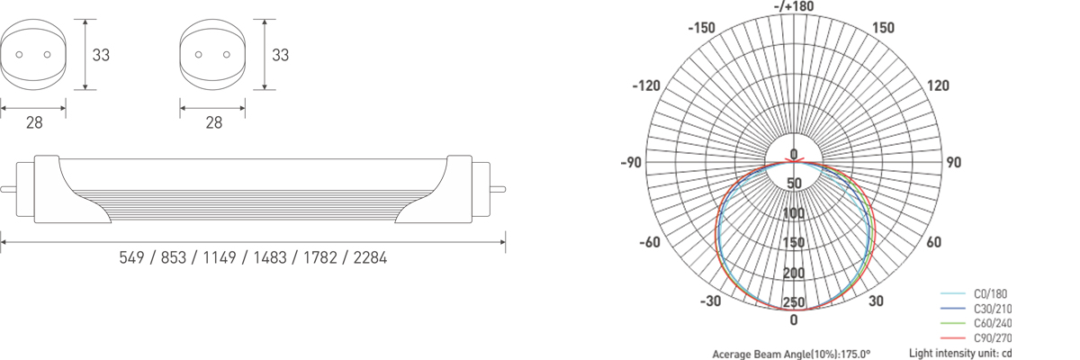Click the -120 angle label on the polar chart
point(646,85)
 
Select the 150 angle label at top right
point(883,28)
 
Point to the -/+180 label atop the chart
point(794,6)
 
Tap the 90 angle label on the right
point(953,162)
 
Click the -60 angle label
point(650,242)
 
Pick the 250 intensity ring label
point(794,302)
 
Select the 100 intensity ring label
point(794,213)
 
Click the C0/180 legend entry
point(990,294)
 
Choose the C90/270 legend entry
point(993,338)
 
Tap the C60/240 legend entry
point(993,323)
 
